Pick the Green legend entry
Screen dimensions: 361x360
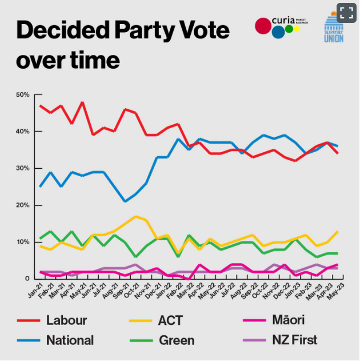[x=176, y=340]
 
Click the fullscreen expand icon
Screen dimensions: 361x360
[x=346, y=13]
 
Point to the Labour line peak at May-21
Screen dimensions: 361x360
[x=82, y=102]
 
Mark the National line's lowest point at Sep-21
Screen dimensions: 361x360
[x=125, y=201]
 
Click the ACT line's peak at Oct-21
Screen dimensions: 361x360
[x=135, y=216]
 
